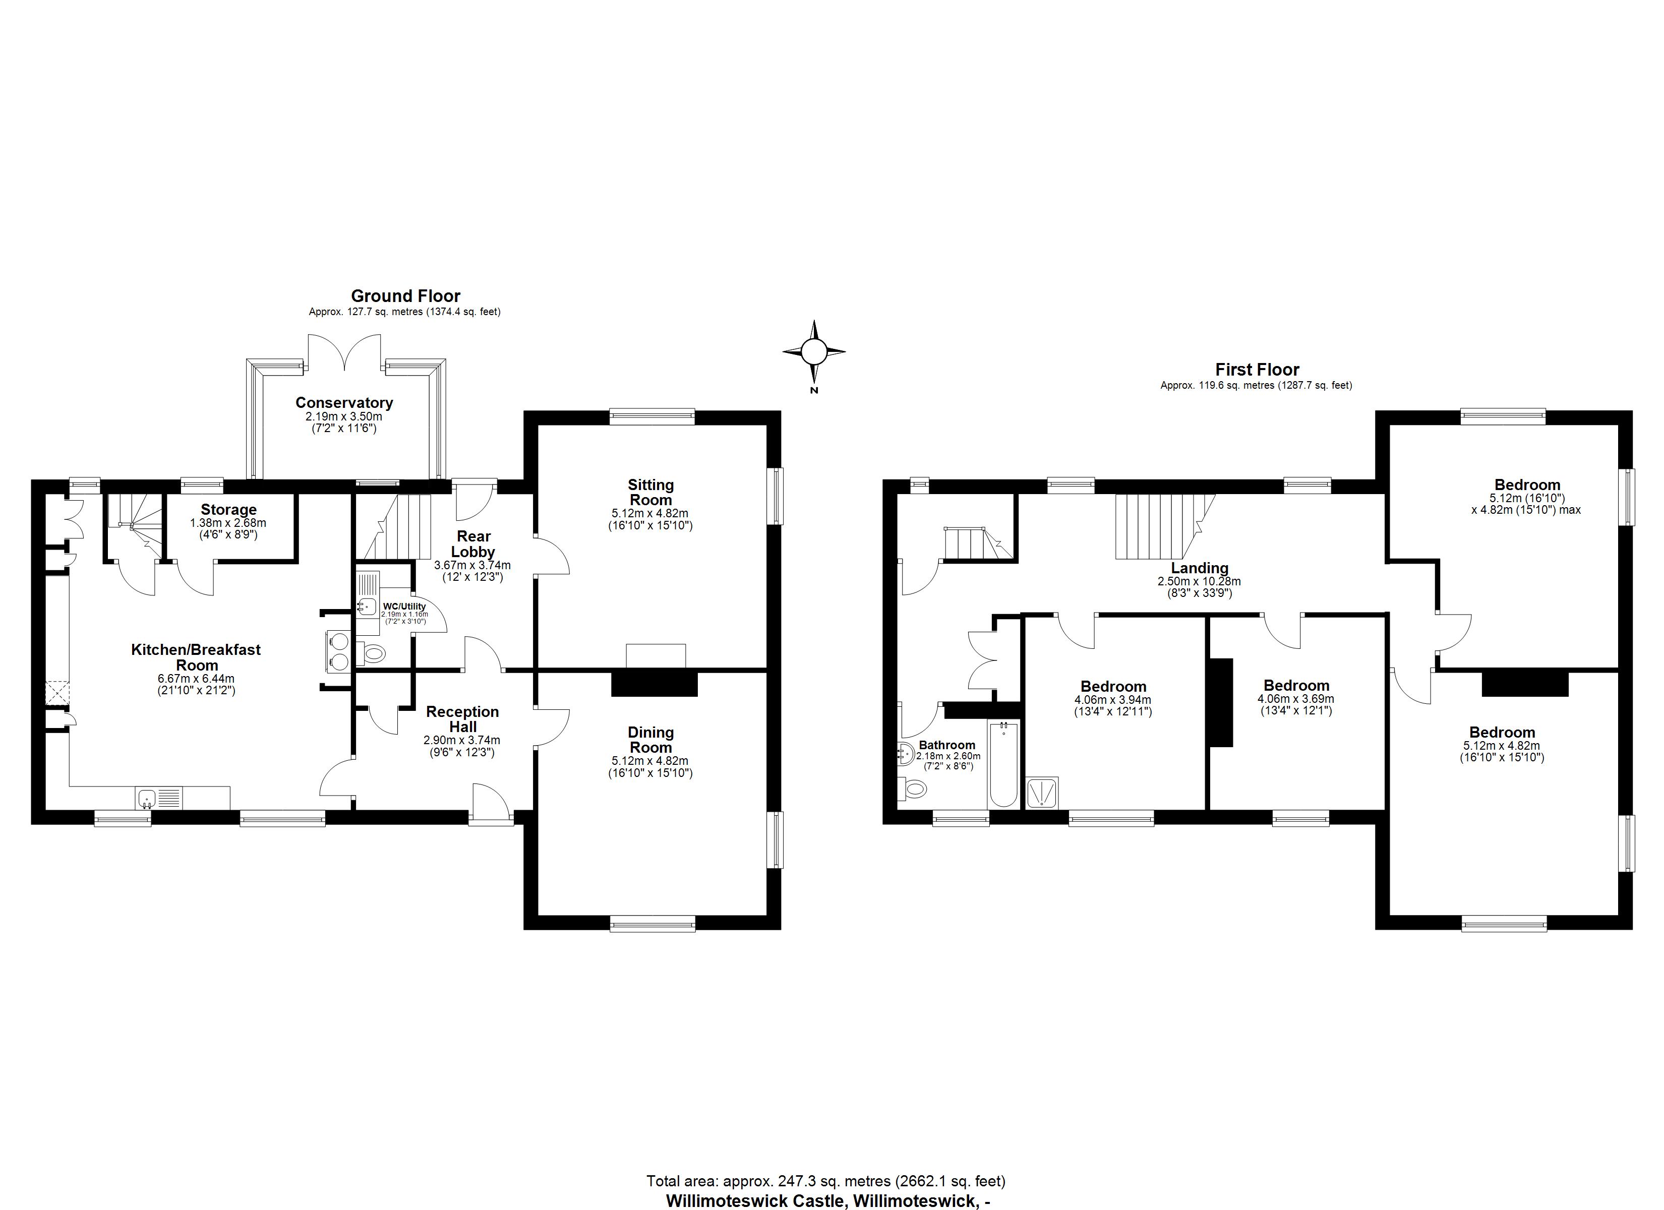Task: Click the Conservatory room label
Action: [x=344, y=402]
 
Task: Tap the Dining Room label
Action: [x=650, y=740]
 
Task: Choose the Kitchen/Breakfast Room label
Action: [x=196, y=657]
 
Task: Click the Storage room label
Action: [x=228, y=509]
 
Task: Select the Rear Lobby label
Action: [x=472, y=543]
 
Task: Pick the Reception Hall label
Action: [x=462, y=719]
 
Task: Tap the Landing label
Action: [x=1199, y=567]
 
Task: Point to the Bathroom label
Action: [x=946, y=745]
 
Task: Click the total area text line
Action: [x=825, y=1181]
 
